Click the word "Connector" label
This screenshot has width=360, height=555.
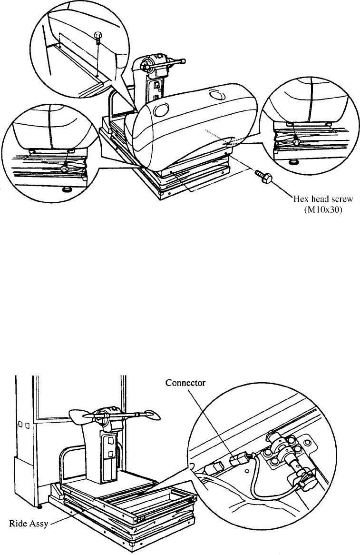[x=185, y=383]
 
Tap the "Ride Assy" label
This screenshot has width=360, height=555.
[x=28, y=524]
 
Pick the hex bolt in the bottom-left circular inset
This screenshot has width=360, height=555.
[x=64, y=168]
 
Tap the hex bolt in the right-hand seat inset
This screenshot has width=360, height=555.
[x=296, y=141]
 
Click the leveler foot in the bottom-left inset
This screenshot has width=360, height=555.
[x=66, y=190]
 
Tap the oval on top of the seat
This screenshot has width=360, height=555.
[x=215, y=95]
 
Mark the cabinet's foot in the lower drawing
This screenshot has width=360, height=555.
[x=39, y=507]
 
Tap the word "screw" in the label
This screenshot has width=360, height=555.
[x=342, y=199]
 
